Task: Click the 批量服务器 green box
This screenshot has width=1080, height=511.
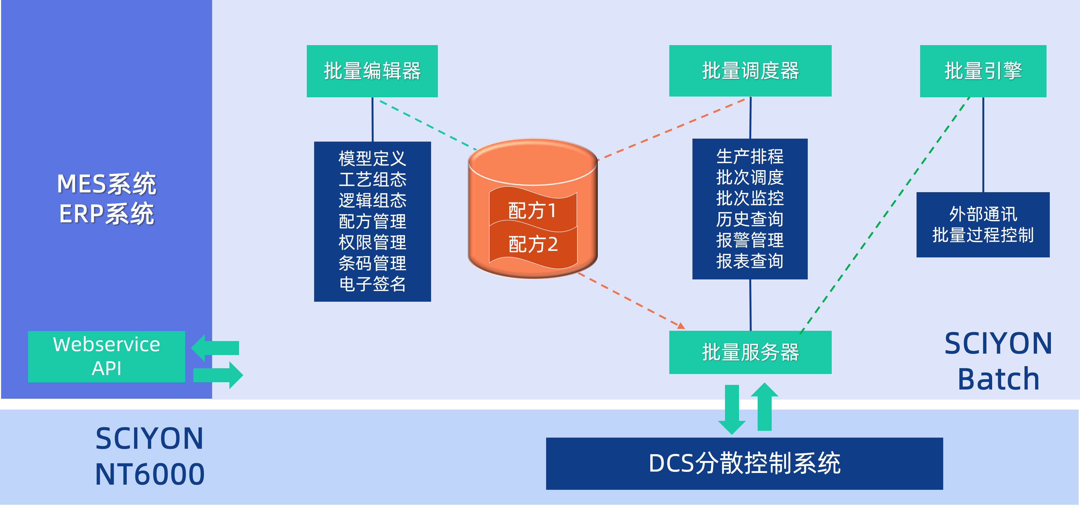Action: point(750,352)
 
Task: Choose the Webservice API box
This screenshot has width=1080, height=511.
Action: point(107,356)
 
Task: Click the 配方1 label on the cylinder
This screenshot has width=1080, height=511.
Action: point(533,210)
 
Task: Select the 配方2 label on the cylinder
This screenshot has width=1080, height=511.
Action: point(533,244)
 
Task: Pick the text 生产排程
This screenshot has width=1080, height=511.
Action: point(750,157)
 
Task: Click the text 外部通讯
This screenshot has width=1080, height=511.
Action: point(983,214)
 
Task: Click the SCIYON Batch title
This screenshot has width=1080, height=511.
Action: point(998,361)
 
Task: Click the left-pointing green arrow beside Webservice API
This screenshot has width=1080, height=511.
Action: point(215,348)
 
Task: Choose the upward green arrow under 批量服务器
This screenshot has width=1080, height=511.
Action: point(764,407)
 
